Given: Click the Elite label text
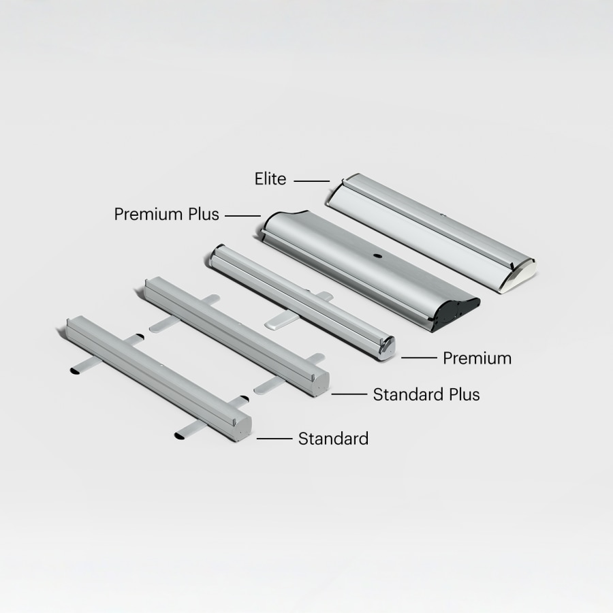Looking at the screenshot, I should (270, 179).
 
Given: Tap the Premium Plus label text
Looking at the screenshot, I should (166, 215).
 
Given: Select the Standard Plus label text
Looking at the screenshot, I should (426, 394).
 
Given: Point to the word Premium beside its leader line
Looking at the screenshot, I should (477, 358).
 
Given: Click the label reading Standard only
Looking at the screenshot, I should (333, 439).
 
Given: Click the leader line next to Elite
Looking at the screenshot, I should (312, 181).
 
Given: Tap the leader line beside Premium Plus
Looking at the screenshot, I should (242, 216).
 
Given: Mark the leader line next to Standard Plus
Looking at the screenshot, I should (349, 394).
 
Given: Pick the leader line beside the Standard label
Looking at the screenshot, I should (274, 439).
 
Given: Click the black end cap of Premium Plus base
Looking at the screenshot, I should (458, 311).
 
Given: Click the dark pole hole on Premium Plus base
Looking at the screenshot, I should (377, 257).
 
